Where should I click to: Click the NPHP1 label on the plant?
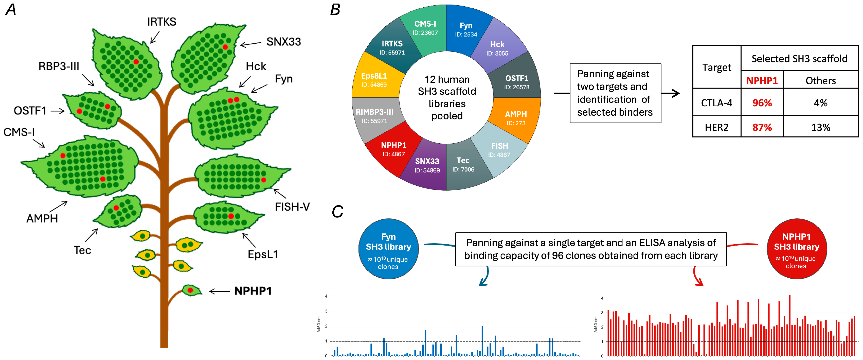253,291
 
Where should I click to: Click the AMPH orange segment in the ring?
516,118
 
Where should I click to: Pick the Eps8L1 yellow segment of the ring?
374,80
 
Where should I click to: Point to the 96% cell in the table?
762,102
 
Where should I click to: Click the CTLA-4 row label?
717,102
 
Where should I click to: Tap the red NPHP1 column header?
762,80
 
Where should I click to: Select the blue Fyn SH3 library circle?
388,249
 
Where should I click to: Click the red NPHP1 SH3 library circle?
796,249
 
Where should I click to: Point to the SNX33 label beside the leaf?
283,42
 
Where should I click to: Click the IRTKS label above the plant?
161,22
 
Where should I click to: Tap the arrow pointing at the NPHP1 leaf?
220,291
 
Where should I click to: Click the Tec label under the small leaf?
82,250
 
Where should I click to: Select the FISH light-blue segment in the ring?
499,149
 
